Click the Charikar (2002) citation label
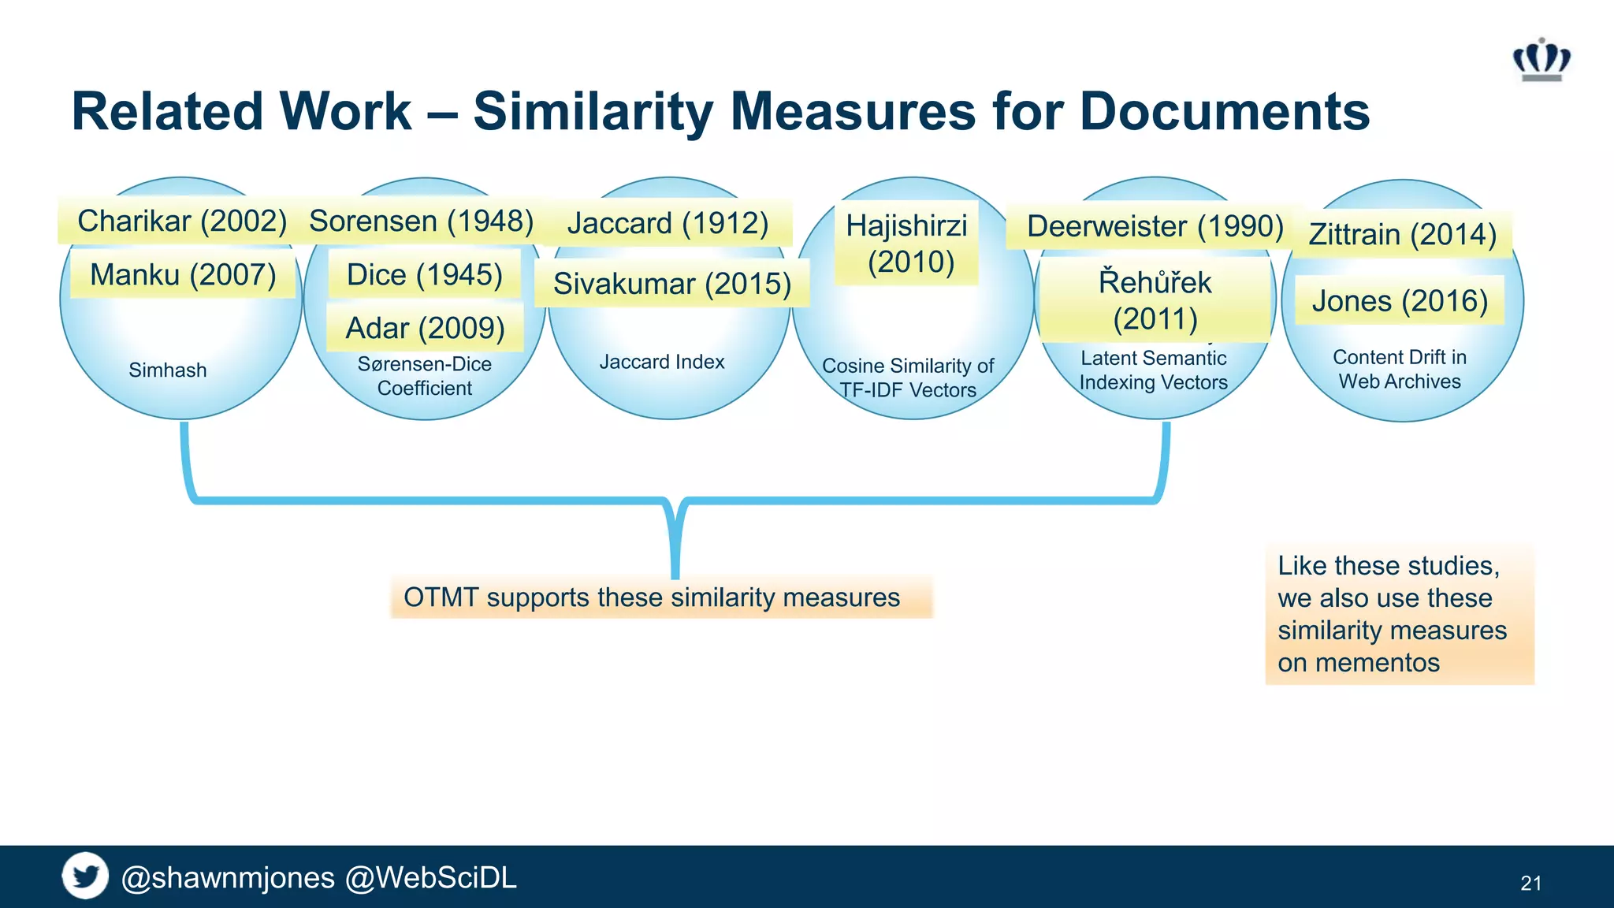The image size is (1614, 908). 181,221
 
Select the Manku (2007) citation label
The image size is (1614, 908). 183,275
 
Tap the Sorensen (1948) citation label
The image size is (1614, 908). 421,221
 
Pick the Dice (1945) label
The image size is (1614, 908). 424,275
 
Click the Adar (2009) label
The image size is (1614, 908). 425,328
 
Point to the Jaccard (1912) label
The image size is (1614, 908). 668,223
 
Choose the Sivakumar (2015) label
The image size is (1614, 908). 671,284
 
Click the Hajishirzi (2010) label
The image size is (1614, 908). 906,243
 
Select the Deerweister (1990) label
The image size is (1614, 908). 1155,226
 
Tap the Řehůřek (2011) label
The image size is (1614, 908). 1155,300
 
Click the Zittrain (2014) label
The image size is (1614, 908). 1402,234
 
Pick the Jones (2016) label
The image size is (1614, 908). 1400,301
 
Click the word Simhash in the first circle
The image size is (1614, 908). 167,370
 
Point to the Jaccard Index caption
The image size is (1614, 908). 661,362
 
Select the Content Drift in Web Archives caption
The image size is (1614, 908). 1400,369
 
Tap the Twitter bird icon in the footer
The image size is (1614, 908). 85,876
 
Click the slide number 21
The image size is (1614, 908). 1530,883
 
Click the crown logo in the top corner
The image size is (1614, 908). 1541,60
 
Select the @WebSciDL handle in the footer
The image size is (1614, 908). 430,877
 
